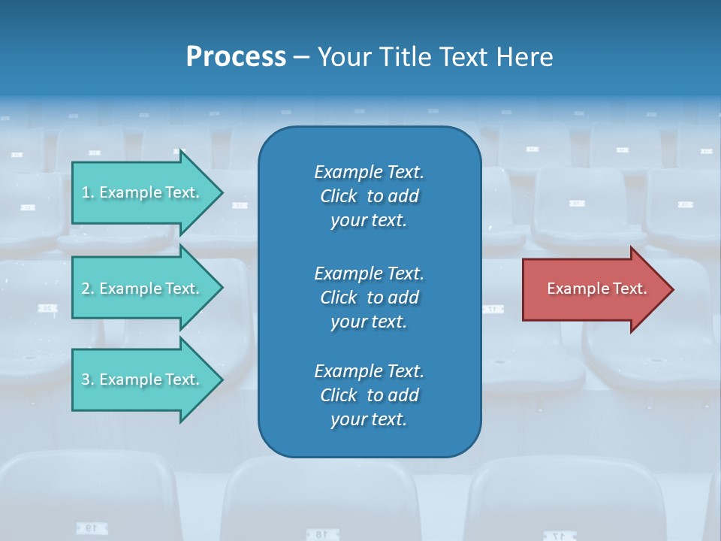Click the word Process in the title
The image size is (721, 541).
coord(236,57)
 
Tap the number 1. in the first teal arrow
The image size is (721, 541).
coord(88,192)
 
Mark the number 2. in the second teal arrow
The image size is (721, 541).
coord(88,289)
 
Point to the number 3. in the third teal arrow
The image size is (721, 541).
coord(88,379)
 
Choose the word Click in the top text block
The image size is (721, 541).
coord(339,196)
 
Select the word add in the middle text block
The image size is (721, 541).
coord(404,298)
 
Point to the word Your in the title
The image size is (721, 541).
coord(344,57)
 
